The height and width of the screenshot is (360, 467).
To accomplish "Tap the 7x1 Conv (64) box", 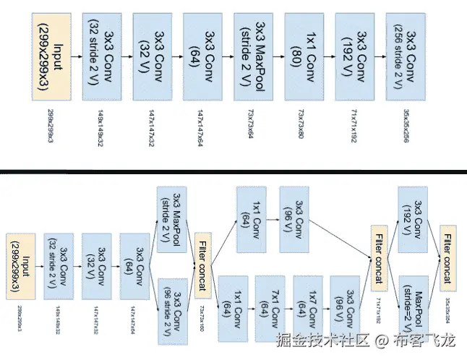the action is pos(272,308).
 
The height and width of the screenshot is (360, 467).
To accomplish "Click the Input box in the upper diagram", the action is pos(53,56).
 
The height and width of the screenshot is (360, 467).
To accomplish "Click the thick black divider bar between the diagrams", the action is pos(233,171).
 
